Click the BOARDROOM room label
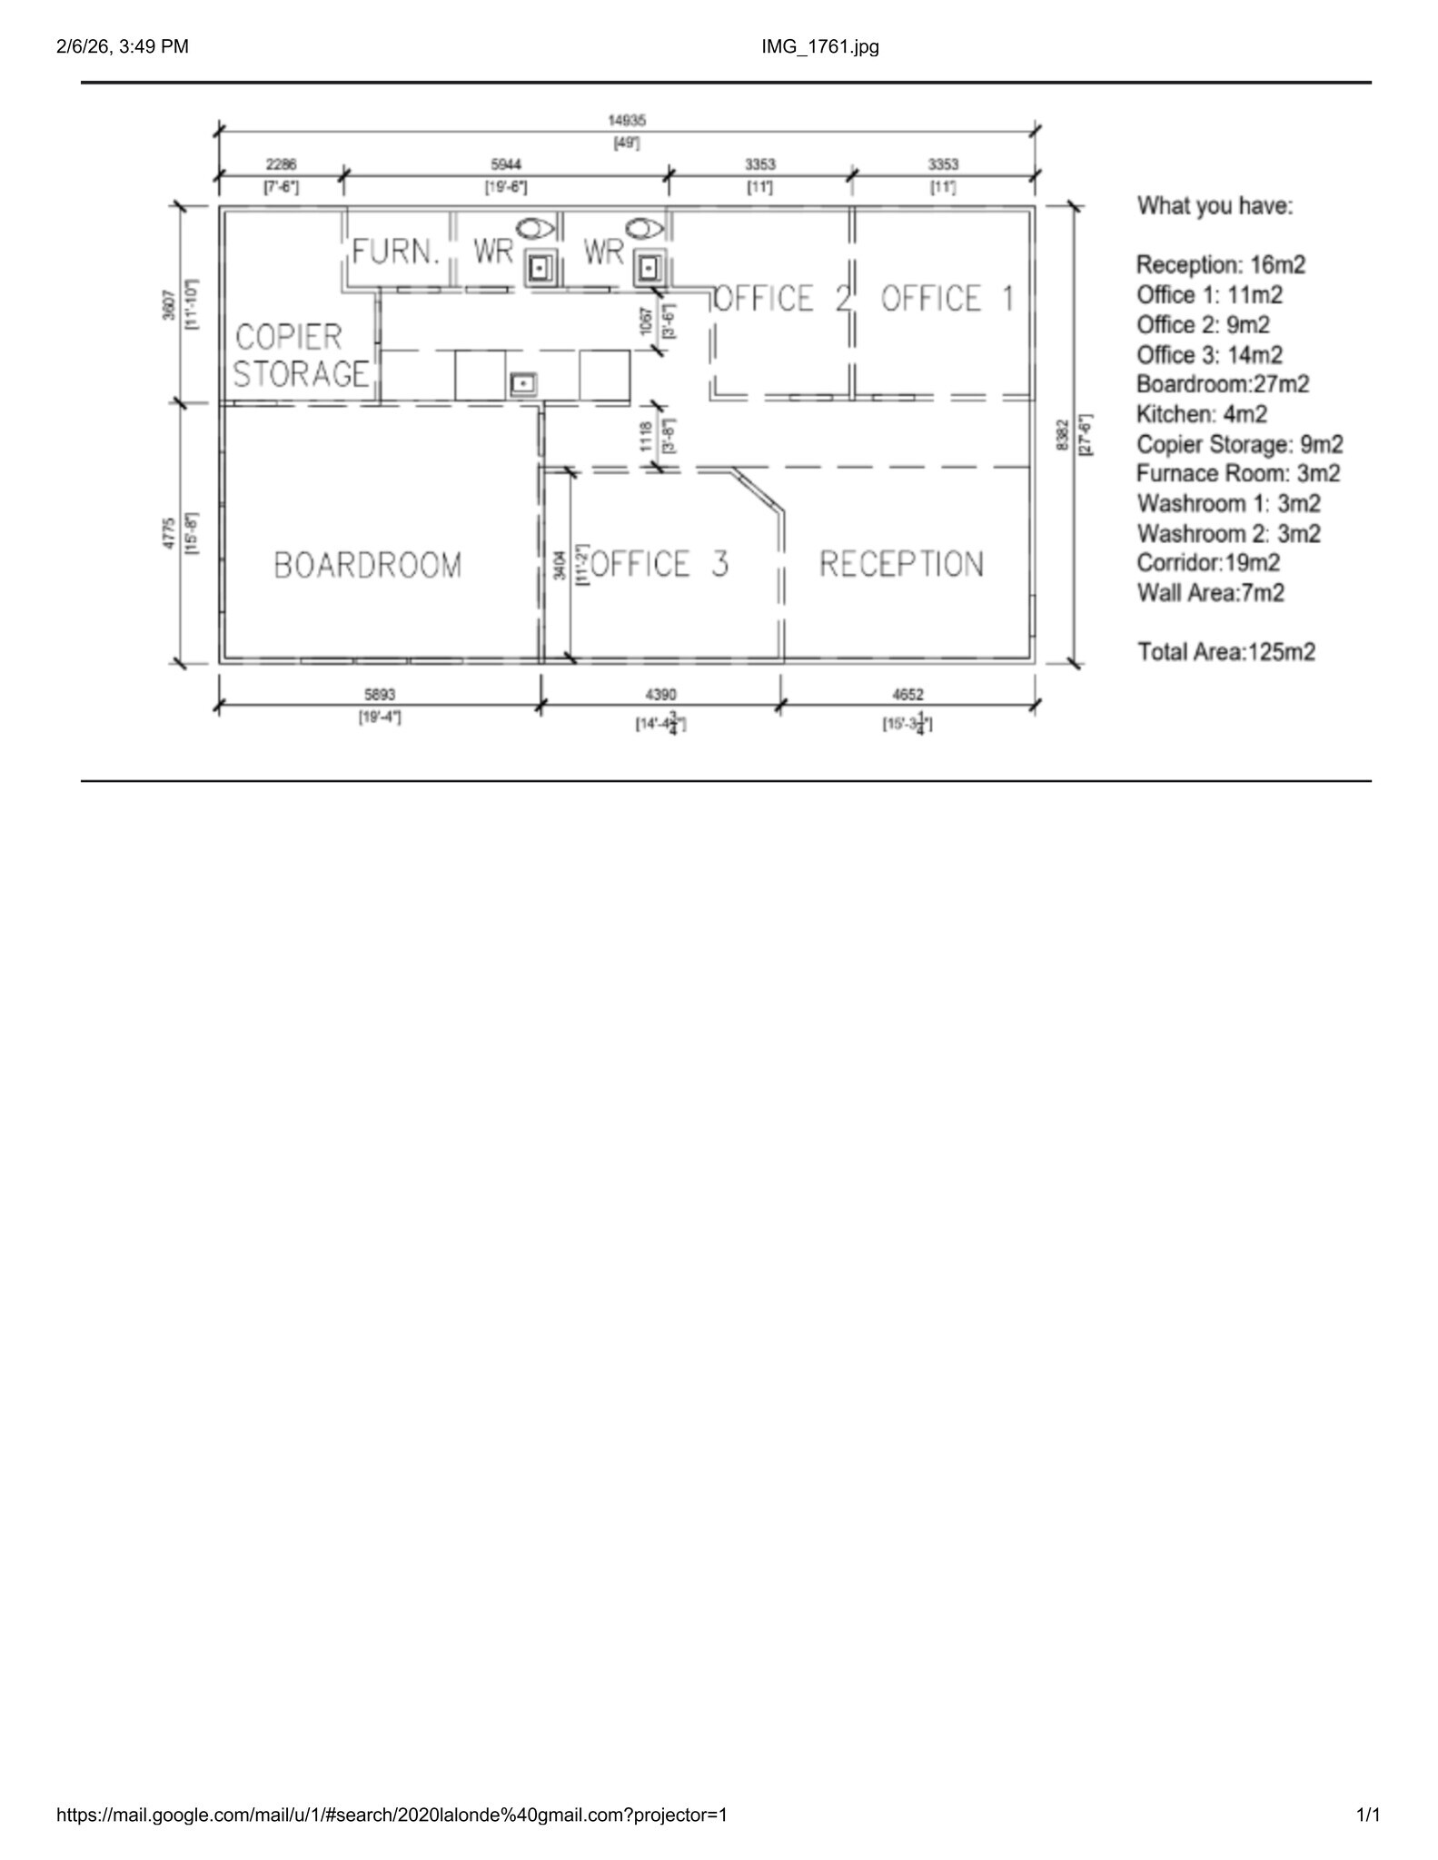point(368,565)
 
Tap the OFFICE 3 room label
point(659,564)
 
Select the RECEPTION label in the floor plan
point(901,564)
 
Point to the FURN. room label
point(396,252)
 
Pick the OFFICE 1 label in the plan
point(947,299)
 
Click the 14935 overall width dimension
point(627,121)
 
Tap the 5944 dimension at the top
point(506,164)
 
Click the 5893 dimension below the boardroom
point(379,695)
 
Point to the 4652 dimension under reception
point(907,695)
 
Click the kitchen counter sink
point(523,384)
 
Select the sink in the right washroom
point(649,269)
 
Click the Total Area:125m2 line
point(1225,652)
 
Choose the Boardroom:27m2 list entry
point(1223,384)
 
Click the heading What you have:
point(1215,206)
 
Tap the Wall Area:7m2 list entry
point(1210,593)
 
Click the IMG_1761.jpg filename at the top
point(820,46)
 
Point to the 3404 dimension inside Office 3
point(560,564)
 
